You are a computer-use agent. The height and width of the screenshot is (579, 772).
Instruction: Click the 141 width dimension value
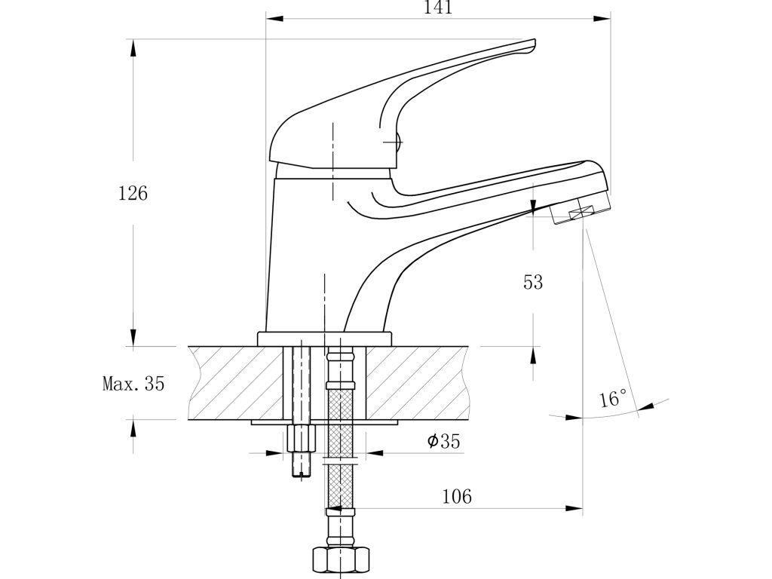(438, 8)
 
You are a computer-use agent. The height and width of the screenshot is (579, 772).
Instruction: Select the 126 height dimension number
(133, 193)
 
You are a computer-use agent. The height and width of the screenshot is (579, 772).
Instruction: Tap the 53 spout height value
(533, 283)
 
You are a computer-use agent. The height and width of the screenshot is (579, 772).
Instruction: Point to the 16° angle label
(613, 399)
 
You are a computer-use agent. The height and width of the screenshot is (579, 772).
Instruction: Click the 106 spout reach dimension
(457, 496)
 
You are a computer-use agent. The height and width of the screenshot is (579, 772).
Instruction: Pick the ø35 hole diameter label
(443, 442)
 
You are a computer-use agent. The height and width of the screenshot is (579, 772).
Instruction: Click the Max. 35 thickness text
(133, 384)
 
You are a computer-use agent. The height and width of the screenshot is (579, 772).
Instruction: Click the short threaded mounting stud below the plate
(301, 451)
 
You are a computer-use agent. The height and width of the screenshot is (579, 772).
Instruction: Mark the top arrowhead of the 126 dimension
(133, 43)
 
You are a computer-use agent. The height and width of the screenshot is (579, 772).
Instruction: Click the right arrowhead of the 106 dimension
(576, 509)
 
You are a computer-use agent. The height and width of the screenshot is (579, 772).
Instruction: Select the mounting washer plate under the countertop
(325, 424)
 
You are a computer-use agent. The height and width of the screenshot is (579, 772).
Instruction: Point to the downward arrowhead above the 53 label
(533, 207)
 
